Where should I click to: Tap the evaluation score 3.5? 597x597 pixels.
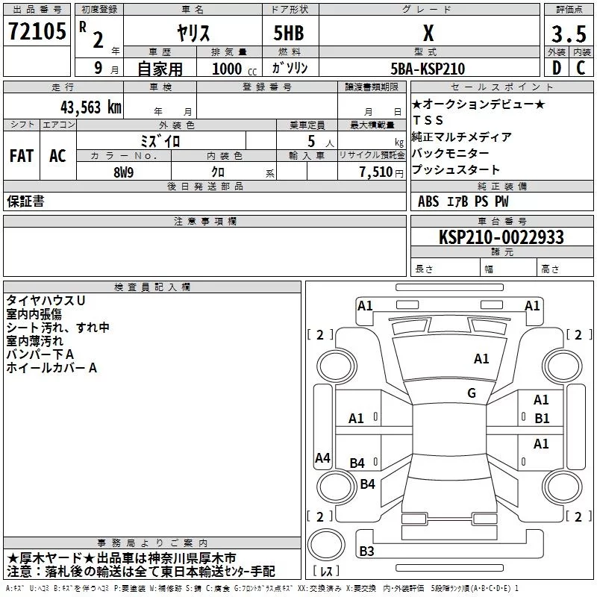pos(569,34)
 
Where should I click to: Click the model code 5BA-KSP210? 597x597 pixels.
pos(428,69)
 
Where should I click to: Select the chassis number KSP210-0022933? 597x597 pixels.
pos(501,237)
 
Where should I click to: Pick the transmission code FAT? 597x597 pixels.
pos(22,155)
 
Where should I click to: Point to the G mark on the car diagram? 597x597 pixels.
pos(472,393)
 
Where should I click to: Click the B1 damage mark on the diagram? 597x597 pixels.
pos(541,418)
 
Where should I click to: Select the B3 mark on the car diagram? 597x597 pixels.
pos(366,551)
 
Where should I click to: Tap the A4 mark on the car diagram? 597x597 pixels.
pos(322,457)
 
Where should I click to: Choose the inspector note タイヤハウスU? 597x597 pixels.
pos(46,299)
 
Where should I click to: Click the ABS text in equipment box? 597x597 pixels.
pos(428,201)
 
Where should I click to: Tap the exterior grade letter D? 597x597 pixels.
pos(556,69)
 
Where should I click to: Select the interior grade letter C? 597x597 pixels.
pos(581,69)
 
